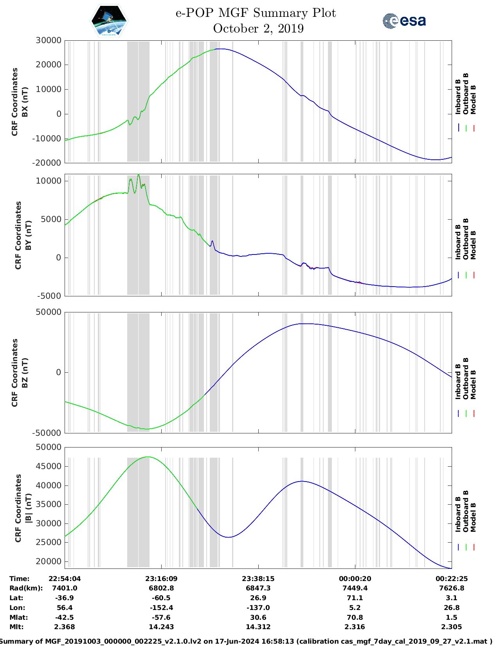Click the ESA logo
click(x=404, y=21)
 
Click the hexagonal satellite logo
click(x=109, y=21)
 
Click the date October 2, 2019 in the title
click(x=258, y=29)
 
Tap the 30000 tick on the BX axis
click(x=49, y=40)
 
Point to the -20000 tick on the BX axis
click(x=47, y=163)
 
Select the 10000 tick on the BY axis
click(x=49, y=181)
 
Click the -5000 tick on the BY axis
click(x=49, y=296)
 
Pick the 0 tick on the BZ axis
click(x=59, y=372)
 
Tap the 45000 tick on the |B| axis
click(x=49, y=466)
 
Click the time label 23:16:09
click(x=161, y=579)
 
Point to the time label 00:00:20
click(x=355, y=579)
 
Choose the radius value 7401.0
click(x=65, y=588)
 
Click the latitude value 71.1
click(x=355, y=598)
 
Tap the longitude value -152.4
click(x=161, y=608)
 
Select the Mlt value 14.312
click(x=258, y=627)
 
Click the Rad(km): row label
click(x=26, y=588)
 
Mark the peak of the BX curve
click(x=221, y=49)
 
